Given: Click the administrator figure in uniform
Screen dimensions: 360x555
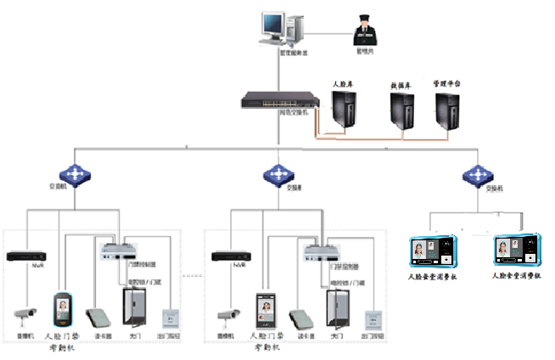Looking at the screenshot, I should click(x=366, y=33).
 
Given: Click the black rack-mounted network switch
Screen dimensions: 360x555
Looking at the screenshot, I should click(x=279, y=99).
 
